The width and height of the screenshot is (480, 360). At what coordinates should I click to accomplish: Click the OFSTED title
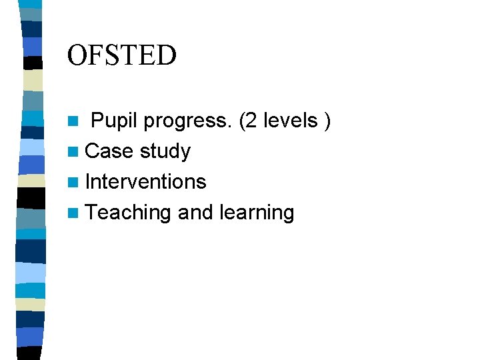pos(122,55)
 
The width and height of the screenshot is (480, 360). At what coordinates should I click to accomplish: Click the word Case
pos(109,151)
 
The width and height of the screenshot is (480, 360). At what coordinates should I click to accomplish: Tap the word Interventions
pos(146,181)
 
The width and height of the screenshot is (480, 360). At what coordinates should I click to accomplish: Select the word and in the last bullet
pos(195,213)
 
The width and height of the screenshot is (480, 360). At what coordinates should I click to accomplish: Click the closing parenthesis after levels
pos(327,121)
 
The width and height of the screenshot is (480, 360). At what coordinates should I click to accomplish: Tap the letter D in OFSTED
pos(167,55)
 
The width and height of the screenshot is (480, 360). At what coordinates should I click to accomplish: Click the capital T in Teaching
pos(91,213)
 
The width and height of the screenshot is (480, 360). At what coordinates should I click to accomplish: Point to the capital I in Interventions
pos(89,181)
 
